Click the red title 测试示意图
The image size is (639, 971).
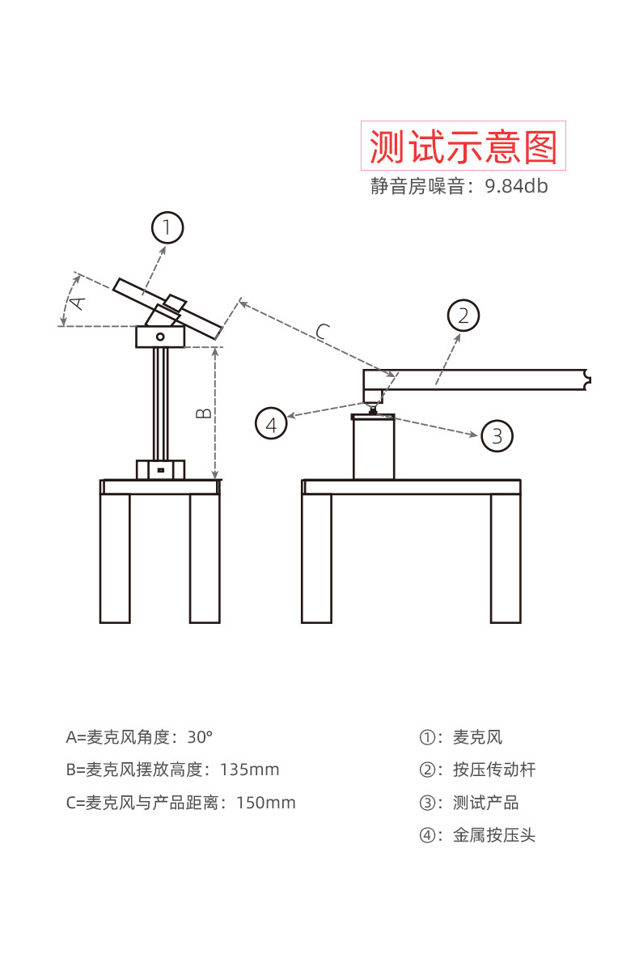pos(463,146)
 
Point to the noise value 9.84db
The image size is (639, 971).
pos(517,187)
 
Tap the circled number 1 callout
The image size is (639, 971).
pos(167,227)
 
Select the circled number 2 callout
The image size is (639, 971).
pos(463,316)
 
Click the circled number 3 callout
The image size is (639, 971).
pos(497,437)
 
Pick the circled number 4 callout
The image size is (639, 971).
pos(271,423)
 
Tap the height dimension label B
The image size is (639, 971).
pos(205,413)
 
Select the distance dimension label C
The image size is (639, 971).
pos(322,330)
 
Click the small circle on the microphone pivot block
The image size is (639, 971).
pos(160,337)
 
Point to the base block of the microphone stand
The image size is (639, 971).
pos(160,469)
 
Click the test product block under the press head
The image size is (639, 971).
pos(373,449)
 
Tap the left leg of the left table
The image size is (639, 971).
pos(115,558)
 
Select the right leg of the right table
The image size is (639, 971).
pos(506,558)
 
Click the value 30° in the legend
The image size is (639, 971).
pos(200,737)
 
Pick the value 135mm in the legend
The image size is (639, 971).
pos(249,770)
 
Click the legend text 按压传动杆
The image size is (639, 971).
pos(494,770)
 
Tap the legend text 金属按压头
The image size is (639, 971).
pos(494,835)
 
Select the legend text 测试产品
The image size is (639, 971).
pos(486,803)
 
